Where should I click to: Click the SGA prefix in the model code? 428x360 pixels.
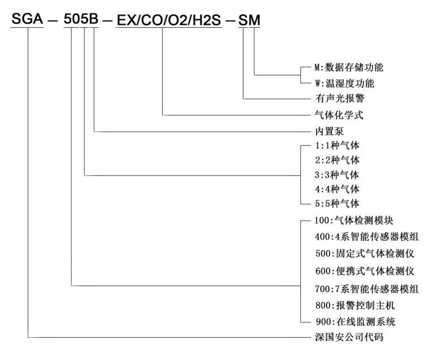[x=27, y=19]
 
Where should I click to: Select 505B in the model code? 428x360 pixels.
[x=81, y=19]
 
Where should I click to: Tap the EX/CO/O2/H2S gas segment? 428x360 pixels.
[x=169, y=20]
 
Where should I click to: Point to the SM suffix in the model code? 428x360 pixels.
[x=249, y=20]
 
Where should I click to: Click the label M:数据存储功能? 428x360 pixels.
[x=349, y=67]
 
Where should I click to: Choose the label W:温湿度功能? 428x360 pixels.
[x=344, y=83]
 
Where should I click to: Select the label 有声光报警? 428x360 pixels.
[x=340, y=98]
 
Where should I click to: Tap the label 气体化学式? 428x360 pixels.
[x=339, y=115]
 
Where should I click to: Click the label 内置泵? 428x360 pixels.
[x=329, y=131]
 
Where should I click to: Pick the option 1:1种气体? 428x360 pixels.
[x=337, y=145]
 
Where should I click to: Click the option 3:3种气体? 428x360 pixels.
[x=337, y=175]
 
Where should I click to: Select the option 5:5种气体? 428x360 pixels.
[x=337, y=203]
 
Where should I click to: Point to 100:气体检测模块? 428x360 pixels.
[x=354, y=220]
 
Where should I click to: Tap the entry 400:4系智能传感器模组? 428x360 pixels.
[x=367, y=237]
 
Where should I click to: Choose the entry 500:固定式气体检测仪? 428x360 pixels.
[x=365, y=254]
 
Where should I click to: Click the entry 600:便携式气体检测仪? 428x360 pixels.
[x=365, y=271]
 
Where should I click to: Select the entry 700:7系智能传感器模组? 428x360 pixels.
[x=367, y=289]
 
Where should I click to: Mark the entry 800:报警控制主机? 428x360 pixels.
[x=355, y=305]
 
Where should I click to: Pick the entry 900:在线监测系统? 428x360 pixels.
[x=356, y=322]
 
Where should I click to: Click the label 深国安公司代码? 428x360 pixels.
[x=349, y=337]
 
